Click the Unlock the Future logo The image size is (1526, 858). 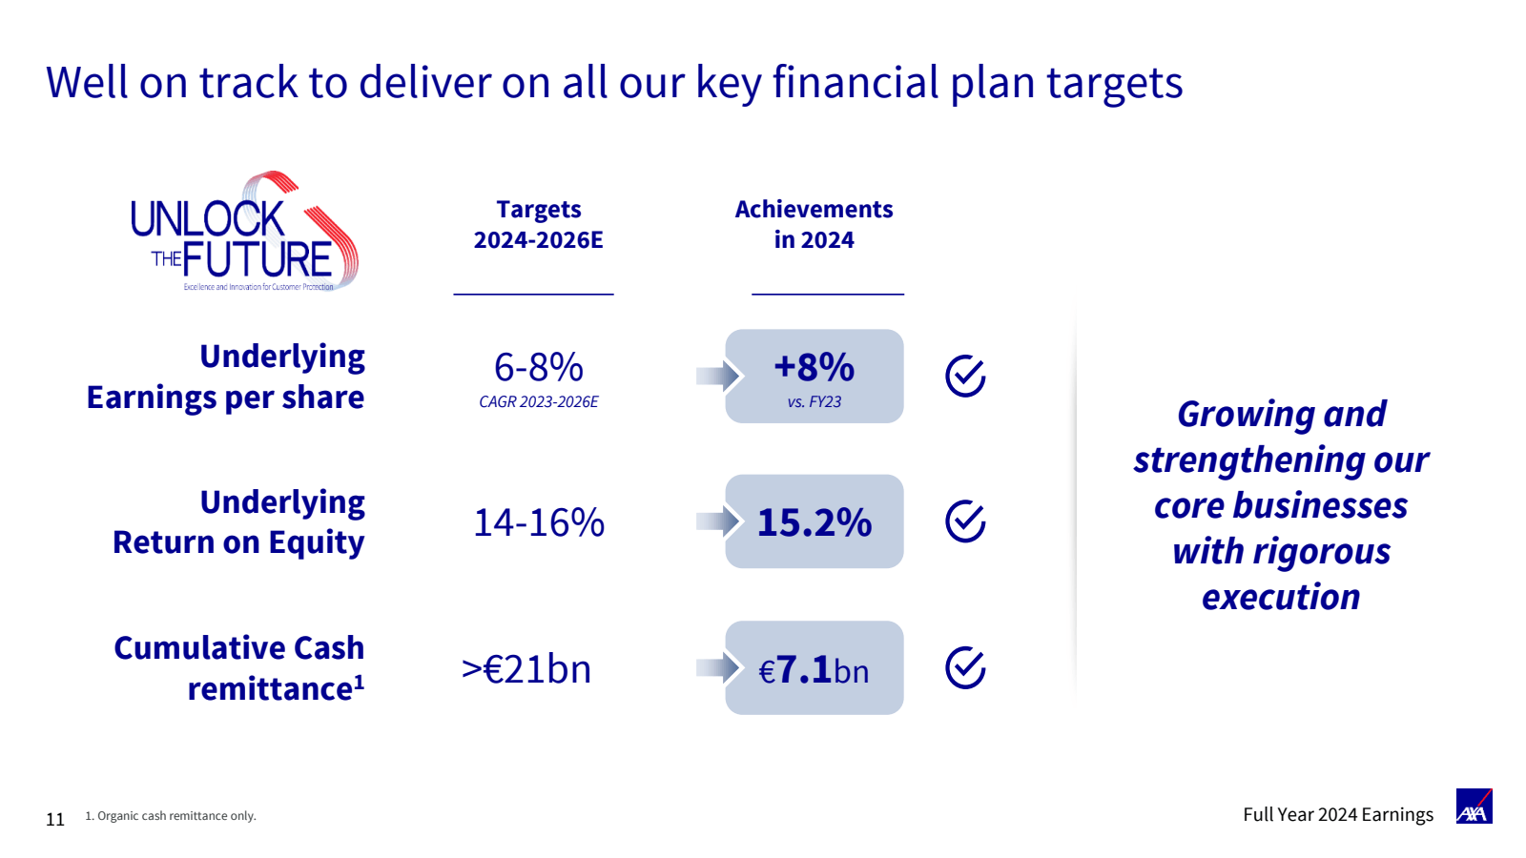(244, 232)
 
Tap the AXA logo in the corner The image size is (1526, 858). (1474, 807)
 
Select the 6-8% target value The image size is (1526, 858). (538, 367)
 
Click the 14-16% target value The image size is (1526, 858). (538, 522)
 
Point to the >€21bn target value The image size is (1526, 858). (526, 668)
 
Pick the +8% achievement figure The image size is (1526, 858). (815, 367)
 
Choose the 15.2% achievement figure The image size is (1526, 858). (815, 522)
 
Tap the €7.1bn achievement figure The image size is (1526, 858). (815, 669)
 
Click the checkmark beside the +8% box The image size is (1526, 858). (964, 376)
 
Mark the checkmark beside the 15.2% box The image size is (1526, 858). (964, 521)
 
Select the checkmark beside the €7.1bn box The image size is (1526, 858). (964, 667)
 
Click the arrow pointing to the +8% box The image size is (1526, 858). (718, 376)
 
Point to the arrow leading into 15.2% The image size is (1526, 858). (718, 521)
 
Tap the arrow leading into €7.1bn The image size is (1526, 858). (718, 667)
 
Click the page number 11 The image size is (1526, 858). (55, 819)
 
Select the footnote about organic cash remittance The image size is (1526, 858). (171, 816)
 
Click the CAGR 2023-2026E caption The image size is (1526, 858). (538, 401)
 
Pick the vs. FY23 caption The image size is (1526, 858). (815, 401)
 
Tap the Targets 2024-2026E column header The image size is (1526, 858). (538, 224)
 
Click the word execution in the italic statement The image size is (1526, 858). (1281, 597)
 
